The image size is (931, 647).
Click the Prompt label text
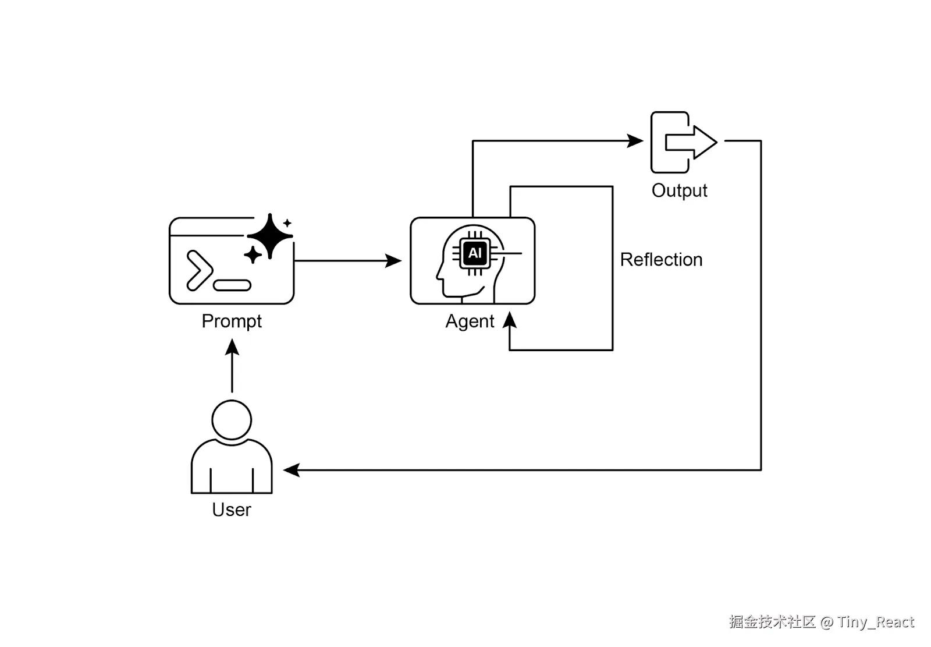[232, 321]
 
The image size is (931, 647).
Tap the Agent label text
[470, 321]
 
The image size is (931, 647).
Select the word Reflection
[661, 260]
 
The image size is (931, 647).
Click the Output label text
[679, 190]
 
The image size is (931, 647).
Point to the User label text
[232, 510]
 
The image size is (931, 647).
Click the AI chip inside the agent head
[475, 253]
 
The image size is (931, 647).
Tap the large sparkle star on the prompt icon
[269, 236]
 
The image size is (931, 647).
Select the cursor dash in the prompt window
[232, 285]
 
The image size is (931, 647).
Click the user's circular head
[232, 419]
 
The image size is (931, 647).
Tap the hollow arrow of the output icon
[691, 142]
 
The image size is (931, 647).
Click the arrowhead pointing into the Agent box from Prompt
[394, 261]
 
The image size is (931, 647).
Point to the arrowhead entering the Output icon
[635, 141]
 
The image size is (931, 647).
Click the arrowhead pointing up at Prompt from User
[232, 347]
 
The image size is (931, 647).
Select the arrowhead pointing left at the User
[292, 470]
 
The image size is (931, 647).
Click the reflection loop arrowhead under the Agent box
[510, 320]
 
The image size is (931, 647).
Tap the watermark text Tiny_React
[876, 622]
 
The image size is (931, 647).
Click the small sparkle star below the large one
[253, 254]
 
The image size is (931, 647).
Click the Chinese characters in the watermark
[772, 622]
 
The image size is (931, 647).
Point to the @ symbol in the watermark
[826, 623]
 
